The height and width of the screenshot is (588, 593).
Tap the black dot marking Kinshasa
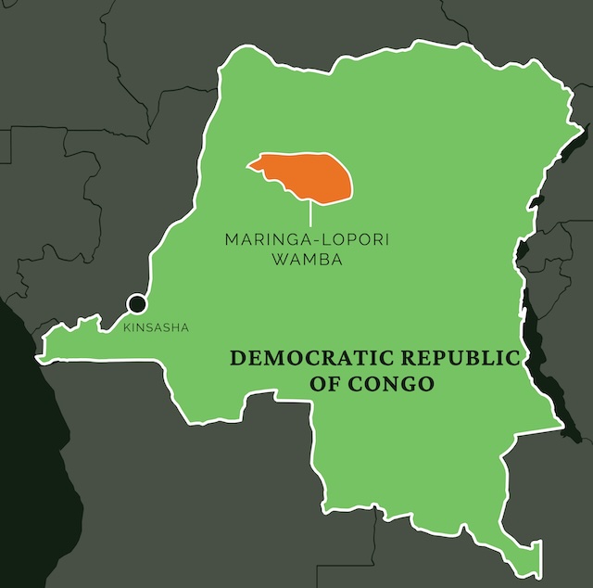click(x=137, y=303)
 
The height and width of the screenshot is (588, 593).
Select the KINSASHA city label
click(x=156, y=326)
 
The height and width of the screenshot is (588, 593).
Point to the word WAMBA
click(x=307, y=261)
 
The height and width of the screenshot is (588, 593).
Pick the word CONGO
click(x=393, y=383)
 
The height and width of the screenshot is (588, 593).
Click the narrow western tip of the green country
click(x=42, y=354)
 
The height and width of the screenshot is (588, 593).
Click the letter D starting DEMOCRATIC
click(x=236, y=358)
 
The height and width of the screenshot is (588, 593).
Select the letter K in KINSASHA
click(x=126, y=326)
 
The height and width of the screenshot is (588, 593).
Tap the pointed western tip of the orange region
click(x=248, y=165)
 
